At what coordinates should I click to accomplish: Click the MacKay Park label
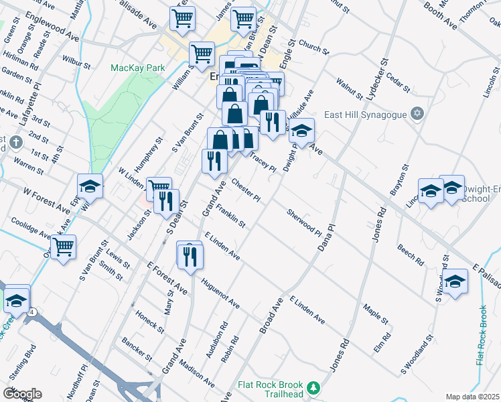pos(137,68)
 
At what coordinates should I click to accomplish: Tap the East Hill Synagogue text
pos(366,115)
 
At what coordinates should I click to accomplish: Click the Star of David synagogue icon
pos(419,113)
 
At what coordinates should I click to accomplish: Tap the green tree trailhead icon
pos(313,388)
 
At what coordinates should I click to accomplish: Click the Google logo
pos(22,394)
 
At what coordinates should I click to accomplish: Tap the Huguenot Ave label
pos(219,293)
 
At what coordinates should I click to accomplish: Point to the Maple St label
pos(376,312)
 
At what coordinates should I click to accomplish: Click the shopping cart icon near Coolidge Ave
pos(64,247)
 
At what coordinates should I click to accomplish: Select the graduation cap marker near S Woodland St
pos(455,282)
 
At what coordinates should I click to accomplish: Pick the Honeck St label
pos(153,322)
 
